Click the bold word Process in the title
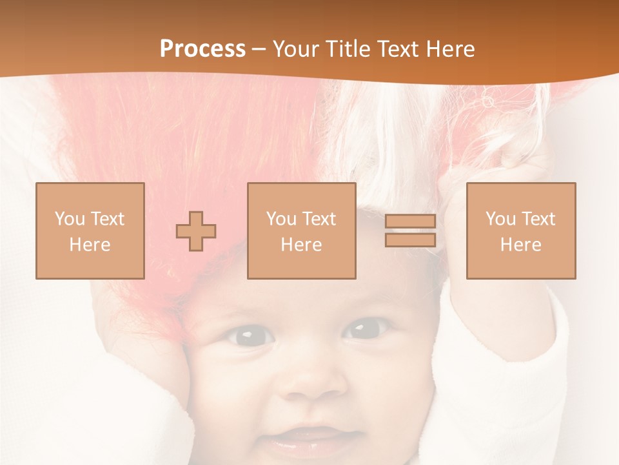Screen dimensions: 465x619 point(202,49)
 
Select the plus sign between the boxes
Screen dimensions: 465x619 point(196,231)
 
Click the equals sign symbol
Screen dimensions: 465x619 point(410,231)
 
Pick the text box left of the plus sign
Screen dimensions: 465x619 point(90,231)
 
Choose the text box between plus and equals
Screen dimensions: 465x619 point(302,231)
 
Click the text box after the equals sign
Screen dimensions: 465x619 point(521,231)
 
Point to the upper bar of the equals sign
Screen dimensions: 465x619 point(410,222)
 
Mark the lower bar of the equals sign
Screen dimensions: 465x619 point(410,240)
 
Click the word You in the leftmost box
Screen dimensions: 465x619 point(69,219)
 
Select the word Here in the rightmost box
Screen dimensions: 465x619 point(521,245)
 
